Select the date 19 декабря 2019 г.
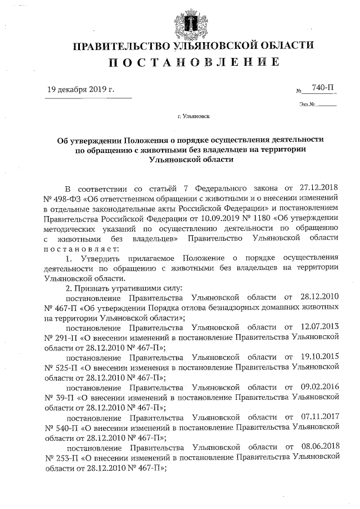(81, 89)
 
